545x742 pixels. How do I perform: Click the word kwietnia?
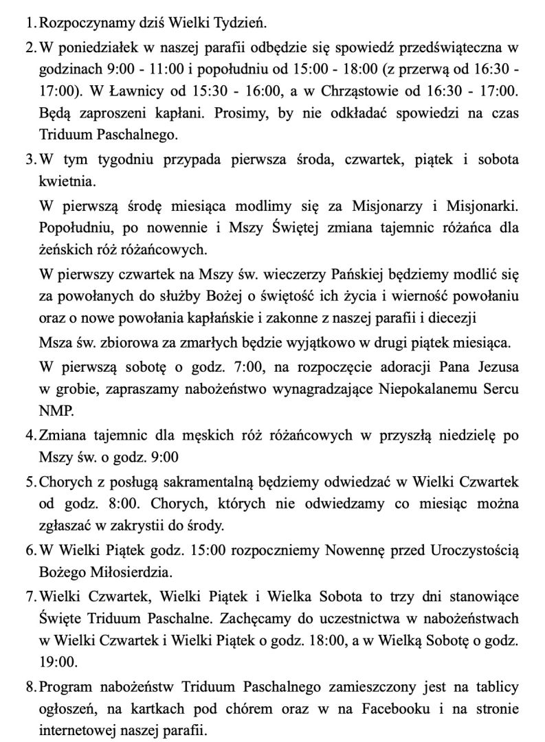(67, 183)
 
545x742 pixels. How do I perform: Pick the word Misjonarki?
(481, 207)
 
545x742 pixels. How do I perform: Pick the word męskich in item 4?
(207, 435)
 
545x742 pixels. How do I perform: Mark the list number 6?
(30, 550)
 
